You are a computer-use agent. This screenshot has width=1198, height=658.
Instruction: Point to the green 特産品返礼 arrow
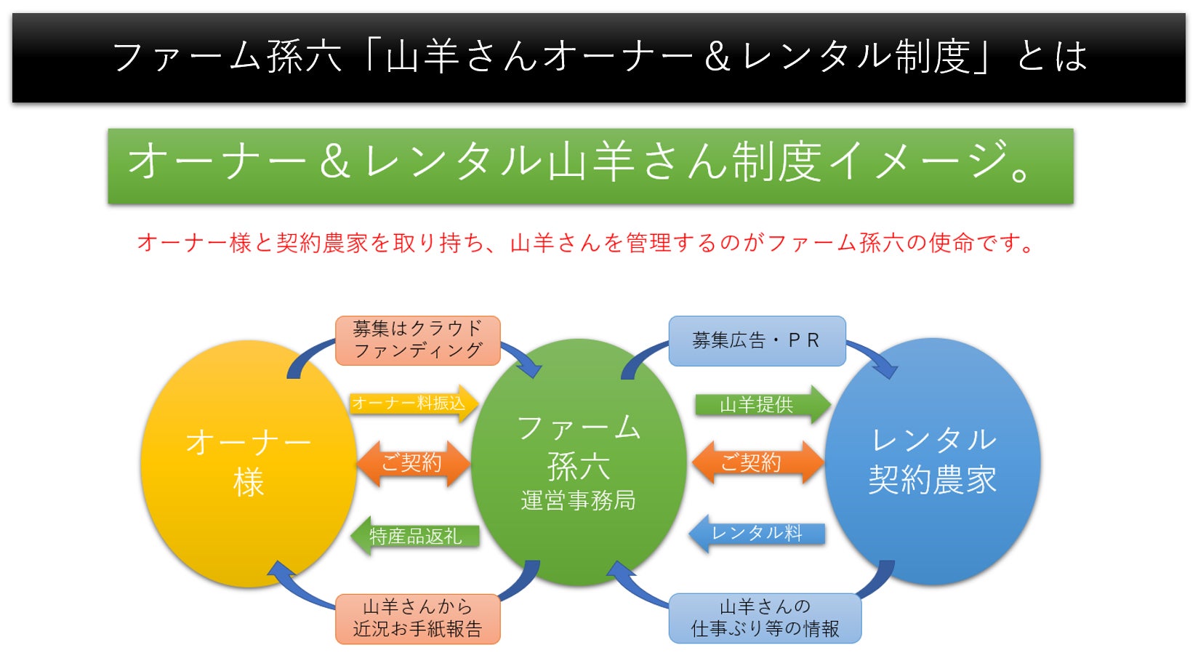pyautogui.click(x=414, y=537)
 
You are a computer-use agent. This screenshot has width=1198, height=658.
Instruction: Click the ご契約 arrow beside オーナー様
pyautogui.click(x=412, y=463)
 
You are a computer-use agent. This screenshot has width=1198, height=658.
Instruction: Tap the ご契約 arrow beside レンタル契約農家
pyautogui.click(x=756, y=462)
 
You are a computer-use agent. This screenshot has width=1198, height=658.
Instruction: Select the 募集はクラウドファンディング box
pyautogui.click(x=417, y=340)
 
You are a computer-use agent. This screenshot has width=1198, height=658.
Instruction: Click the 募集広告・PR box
pyautogui.click(x=756, y=340)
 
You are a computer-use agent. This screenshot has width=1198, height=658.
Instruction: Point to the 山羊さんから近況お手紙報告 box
pyautogui.click(x=417, y=618)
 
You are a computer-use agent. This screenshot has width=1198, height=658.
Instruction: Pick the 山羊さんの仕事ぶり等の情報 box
pyautogui.click(x=765, y=618)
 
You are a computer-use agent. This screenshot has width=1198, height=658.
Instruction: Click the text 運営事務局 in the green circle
pyautogui.click(x=578, y=500)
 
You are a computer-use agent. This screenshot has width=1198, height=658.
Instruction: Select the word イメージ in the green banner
pyautogui.click(x=917, y=161)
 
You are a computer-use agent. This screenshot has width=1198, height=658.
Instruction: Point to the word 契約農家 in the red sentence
pyautogui.click(x=322, y=243)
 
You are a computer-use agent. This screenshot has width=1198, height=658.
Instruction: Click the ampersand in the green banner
pyautogui.click(x=334, y=161)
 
